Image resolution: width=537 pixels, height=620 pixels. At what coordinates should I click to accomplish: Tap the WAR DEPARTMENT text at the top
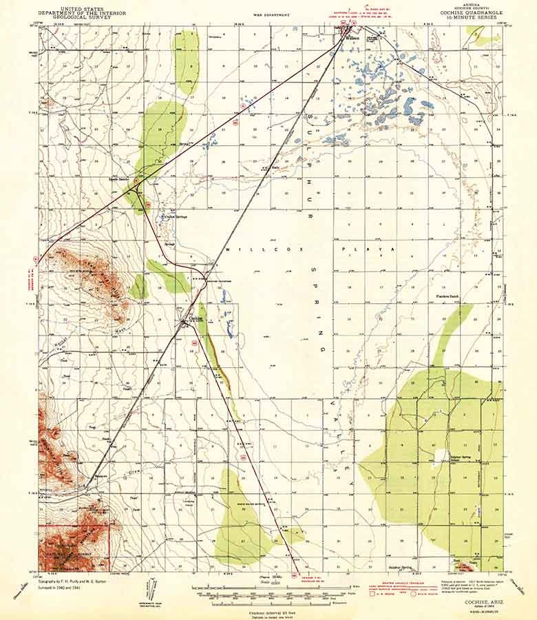(268, 13)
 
